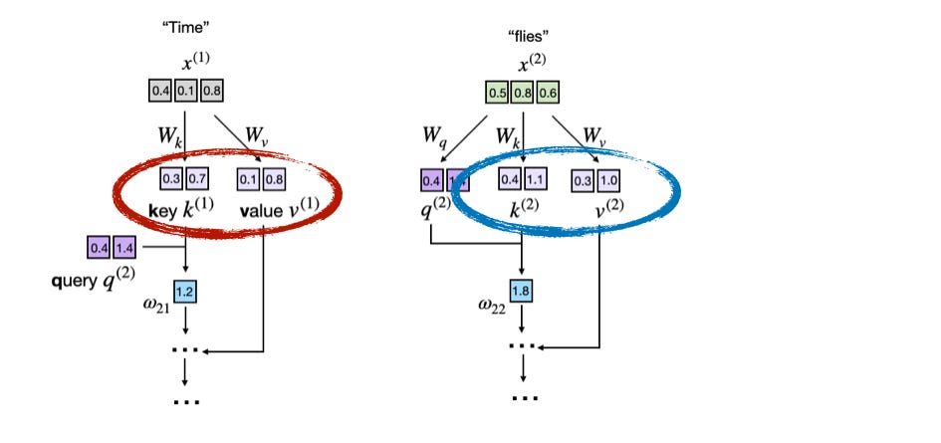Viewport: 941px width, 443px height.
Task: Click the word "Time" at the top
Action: tap(186, 24)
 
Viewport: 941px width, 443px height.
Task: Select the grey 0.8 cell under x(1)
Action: tap(212, 90)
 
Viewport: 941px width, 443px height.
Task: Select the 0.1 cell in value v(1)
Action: tap(248, 180)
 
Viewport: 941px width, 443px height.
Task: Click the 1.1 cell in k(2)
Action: tap(534, 180)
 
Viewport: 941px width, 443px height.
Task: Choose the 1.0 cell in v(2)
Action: tap(607, 180)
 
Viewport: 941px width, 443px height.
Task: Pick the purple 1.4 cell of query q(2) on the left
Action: tap(126, 246)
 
